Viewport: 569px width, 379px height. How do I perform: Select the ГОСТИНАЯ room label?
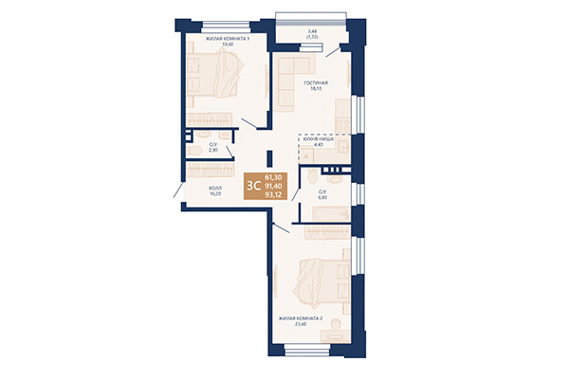click(315, 83)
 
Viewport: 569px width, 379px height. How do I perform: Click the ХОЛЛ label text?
click(215, 188)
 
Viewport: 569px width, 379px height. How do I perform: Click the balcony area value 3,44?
click(312, 30)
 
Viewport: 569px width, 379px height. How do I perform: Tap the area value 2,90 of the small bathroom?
click(215, 151)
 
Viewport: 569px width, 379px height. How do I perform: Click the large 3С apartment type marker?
click(253, 185)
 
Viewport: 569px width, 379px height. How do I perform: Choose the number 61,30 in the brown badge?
click(273, 177)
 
